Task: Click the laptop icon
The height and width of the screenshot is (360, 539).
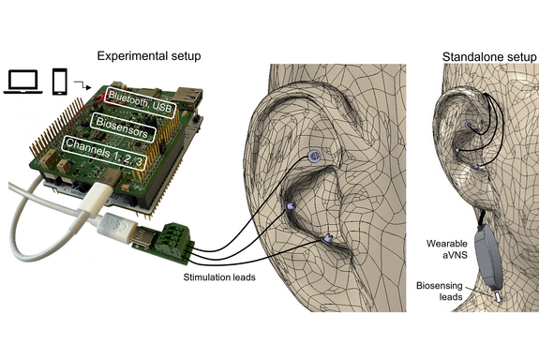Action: (25, 82)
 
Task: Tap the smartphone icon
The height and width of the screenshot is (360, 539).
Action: (59, 82)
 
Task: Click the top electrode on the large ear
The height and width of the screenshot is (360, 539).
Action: (316, 157)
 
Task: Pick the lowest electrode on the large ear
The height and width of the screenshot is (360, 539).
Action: (327, 239)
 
